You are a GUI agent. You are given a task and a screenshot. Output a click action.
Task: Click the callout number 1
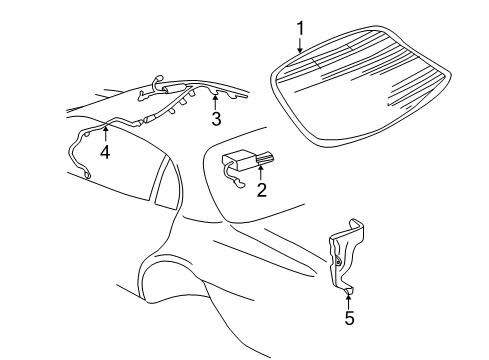[299, 27]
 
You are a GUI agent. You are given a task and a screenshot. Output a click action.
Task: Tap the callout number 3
[216, 119]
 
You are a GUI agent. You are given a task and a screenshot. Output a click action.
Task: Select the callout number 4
[105, 153]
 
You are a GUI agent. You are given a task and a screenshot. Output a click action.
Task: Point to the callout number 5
[349, 319]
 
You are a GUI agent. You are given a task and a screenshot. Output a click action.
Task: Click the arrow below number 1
[299, 44]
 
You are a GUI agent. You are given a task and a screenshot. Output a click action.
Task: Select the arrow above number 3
[216, 101]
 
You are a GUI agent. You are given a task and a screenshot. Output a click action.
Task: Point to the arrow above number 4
[105, 135]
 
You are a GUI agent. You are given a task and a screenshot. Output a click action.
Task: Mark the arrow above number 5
[349, 300]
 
